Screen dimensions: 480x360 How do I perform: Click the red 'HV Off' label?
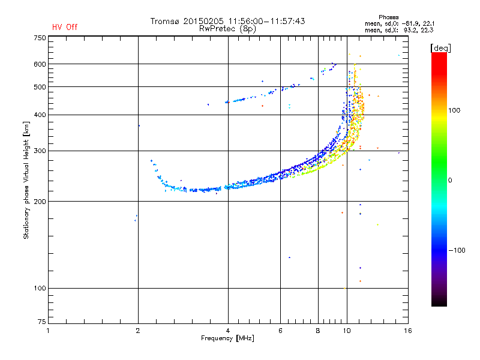click(65, 27)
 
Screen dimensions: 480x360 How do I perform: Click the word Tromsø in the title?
click(164, 21)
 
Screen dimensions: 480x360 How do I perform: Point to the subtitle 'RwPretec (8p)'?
click(227, 29)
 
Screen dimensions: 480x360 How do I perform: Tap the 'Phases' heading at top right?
click(388, 17)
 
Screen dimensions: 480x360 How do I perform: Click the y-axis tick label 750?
click(40, 38)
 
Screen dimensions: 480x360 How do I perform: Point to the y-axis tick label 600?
click(40, 64)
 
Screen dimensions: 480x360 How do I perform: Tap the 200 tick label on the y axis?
click(40, 202)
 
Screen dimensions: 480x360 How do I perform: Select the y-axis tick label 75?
click(42, 322)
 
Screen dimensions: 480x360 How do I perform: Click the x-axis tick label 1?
click(48, 331)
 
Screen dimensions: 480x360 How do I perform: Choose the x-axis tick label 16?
click(408, 331)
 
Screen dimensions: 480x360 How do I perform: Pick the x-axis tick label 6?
click(280, 331)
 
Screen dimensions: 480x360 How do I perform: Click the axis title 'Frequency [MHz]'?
click(227, 338)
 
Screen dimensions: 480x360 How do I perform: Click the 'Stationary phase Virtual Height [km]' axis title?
click(26, 180)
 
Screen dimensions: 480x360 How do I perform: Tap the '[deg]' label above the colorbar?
click(440, 48)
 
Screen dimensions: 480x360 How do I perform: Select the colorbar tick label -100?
click(457, 250)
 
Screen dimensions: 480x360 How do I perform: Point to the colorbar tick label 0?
click(450, 180)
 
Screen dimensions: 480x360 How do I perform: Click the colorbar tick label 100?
click(454, 110)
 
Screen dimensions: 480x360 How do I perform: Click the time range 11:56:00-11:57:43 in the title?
click(266, 21)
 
